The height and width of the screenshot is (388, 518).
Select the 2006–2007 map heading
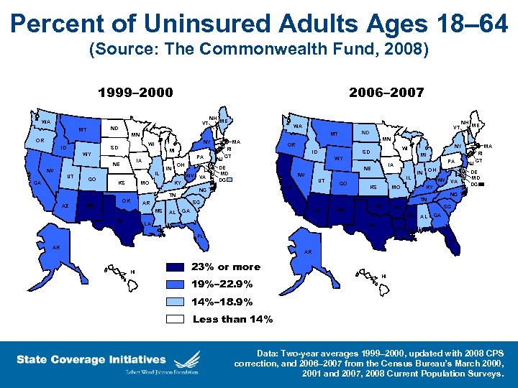point(386,93)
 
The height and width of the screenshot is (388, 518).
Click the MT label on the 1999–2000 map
point(83,130)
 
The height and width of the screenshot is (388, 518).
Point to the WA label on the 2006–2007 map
point(298,127)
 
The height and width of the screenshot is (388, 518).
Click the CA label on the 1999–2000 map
point(37,183)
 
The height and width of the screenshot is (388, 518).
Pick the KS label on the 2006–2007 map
point(373,187)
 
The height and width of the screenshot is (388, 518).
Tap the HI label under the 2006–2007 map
point(383,276)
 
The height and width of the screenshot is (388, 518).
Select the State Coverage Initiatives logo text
point(91,359)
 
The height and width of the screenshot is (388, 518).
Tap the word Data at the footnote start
point(274,354)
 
